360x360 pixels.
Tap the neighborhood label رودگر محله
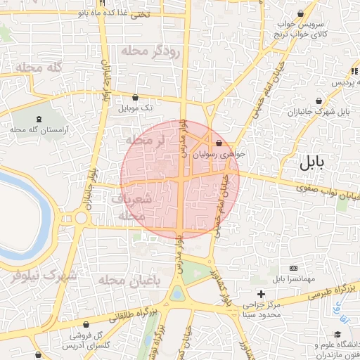(151, 51)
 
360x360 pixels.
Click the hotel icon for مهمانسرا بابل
(293, 268)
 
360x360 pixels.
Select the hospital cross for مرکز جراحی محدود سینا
(262, 293)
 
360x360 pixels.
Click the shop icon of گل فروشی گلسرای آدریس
(86, 324)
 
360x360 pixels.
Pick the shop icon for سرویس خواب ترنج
(302, 13)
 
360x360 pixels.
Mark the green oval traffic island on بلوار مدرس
(176, 294)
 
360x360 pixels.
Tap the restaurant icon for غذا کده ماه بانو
(103, 3)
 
